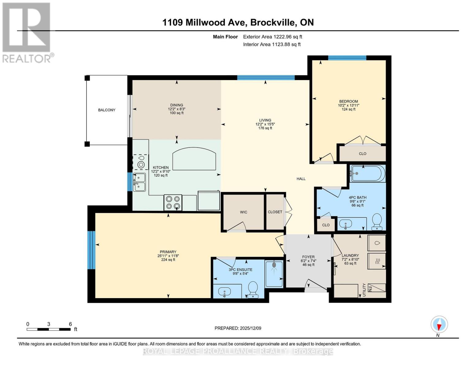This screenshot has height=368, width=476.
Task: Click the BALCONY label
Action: click(107, 110)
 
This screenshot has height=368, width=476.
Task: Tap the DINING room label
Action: click(177, 105)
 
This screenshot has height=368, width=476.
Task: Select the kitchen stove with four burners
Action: click(173, 203)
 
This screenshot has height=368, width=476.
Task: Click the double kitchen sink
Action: click(139, 182)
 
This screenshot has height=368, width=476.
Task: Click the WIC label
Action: click(243, 212)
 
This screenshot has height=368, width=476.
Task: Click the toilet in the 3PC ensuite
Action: click(253, 289)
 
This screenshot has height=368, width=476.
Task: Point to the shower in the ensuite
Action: click(274, 274)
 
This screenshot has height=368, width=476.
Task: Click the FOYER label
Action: click(308, 257)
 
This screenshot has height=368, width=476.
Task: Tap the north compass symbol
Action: click(439, 324)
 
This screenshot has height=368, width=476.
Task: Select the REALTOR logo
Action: click(27, 33)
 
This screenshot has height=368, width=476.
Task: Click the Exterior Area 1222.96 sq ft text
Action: click(272, 37)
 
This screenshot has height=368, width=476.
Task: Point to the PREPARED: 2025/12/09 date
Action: click(238, 328)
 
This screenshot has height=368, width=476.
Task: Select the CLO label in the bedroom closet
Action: click(363, 154)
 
